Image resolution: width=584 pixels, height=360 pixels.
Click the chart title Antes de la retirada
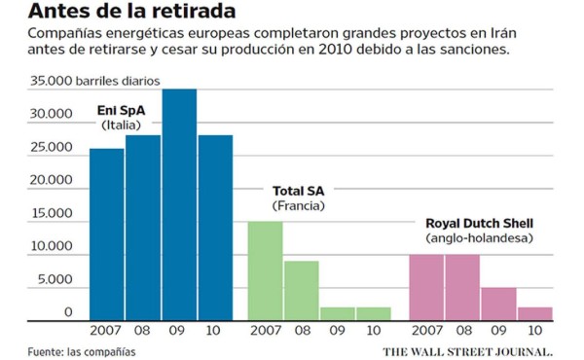[131, 13]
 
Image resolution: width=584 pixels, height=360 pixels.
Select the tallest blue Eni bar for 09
[179, 204]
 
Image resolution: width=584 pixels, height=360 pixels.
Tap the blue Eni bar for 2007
[107, 234]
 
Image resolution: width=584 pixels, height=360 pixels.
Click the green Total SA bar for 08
[301, 290]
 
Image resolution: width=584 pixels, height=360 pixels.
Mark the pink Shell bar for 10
[534, 313]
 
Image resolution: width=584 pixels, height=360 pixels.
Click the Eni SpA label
[121, 110]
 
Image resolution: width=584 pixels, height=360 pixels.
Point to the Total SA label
[298, 190]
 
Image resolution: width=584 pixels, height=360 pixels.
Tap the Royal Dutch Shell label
[479, 223]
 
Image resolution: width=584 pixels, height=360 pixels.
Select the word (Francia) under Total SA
[298, 206]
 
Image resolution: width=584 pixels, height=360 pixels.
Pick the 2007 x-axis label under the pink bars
[426, 332]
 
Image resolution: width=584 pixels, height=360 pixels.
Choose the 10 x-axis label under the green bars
[373, 332]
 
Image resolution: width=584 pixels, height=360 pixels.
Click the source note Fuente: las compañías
[82, 351]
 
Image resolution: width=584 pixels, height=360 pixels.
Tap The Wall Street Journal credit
[467, 350]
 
